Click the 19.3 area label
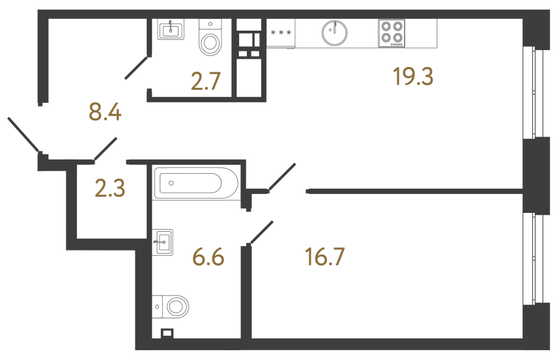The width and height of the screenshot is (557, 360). (413, 77)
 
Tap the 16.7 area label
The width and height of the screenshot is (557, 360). (324, 256)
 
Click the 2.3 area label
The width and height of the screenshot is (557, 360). (109, 189)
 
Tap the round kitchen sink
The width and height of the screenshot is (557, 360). (334, 32)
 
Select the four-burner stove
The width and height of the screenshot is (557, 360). (391, 33)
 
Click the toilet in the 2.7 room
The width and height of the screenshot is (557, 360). (210, 40)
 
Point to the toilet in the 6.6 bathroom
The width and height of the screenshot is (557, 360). (173, 305)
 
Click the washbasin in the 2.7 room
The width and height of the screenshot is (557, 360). (172, 29)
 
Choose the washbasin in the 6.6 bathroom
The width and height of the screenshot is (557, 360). (163, 242)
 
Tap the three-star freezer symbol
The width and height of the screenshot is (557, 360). (280, 31)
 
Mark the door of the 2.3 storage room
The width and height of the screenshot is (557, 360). (106, 148)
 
